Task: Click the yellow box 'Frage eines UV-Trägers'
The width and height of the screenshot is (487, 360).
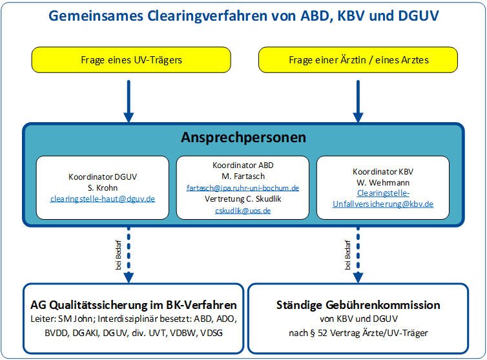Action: (131, 59)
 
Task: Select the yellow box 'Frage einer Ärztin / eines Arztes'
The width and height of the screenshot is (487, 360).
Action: (358, 59)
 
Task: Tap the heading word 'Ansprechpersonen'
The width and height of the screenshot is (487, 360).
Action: (243, 138)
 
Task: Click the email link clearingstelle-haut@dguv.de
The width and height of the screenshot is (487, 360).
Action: (103, 199)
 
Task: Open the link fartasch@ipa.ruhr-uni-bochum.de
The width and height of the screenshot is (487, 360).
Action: (243, 188)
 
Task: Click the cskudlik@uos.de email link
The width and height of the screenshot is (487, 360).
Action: (243, 211)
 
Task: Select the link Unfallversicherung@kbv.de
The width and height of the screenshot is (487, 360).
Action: (383, 204)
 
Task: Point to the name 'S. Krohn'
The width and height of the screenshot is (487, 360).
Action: (103, 188)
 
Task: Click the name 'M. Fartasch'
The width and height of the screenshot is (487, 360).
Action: (243, 176)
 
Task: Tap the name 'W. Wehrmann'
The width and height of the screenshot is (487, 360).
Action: (383, 182)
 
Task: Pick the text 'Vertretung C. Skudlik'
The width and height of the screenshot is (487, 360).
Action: (243, 199)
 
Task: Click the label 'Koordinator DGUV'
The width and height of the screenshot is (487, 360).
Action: (103, 177)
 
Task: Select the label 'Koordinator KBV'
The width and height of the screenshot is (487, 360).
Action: (383, 172)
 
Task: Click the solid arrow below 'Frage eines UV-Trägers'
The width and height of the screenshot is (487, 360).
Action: (129, 101)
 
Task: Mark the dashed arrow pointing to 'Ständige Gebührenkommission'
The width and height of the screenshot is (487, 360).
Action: (358, 255)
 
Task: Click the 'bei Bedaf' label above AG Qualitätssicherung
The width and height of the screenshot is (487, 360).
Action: (118, 255)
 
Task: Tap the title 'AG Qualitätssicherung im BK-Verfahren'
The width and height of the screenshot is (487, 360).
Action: (134, 305)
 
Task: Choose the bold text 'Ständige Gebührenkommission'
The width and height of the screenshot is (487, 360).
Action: (358, 305)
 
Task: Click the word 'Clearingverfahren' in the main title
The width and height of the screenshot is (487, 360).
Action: (207, 16)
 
